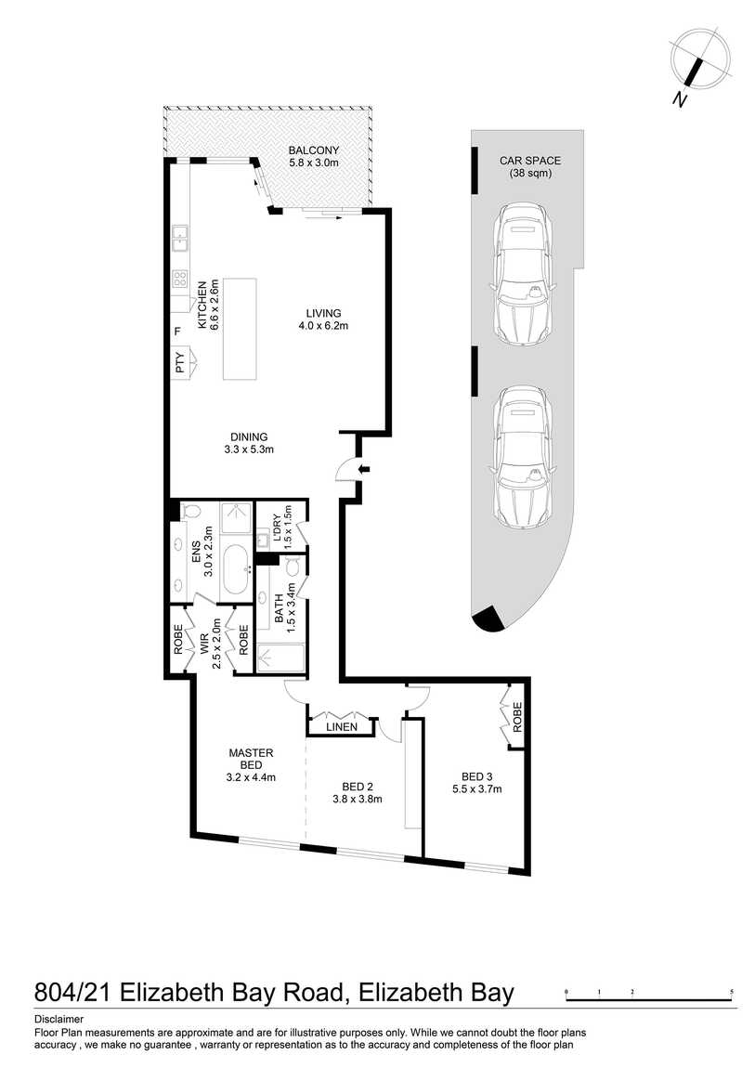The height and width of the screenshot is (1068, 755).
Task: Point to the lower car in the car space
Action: click(x=522, y=456)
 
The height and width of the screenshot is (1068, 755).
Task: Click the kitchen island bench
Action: click(x=240, y=329)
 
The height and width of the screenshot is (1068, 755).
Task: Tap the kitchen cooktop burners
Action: click(x=180, y=278)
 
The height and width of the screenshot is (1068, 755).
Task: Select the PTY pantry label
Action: click(x=180, y=362)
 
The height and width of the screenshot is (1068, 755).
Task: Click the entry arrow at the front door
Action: click(x=364, y=469)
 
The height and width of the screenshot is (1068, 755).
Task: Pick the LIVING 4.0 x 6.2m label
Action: click(x=323, y=319)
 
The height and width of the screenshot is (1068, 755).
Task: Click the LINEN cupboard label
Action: click(x=342, y=727)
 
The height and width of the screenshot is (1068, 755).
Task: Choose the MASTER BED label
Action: click(x=252, y=759)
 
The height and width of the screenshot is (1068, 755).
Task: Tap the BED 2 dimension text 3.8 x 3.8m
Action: click(x=358, y=799)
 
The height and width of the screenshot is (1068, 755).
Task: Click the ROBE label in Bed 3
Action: click(x=517, y=717)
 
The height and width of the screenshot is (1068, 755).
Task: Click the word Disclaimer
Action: click(x=59, y=1020)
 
